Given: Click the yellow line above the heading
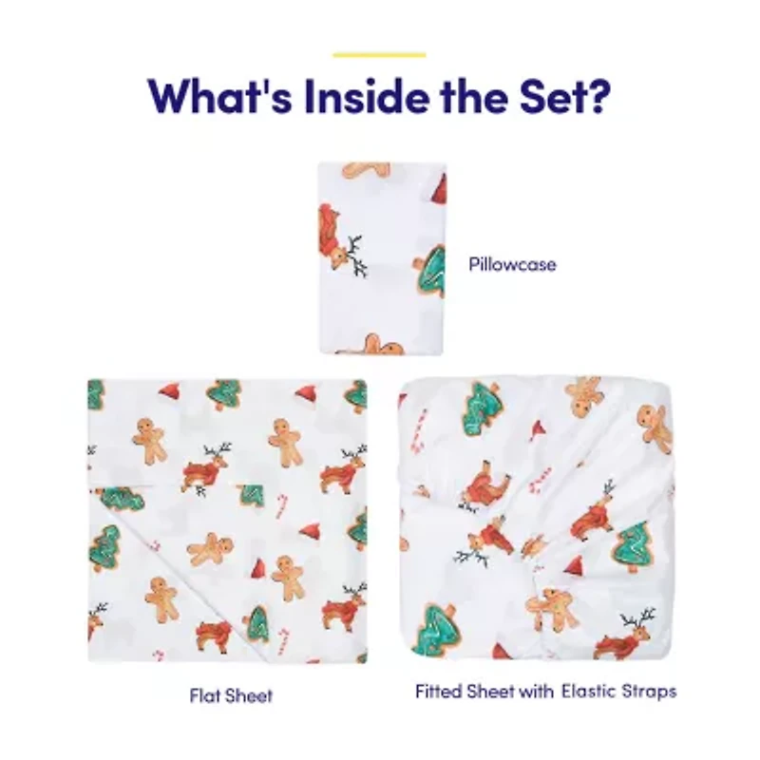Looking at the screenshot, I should (379, 54).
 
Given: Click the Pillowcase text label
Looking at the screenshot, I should (512, 264).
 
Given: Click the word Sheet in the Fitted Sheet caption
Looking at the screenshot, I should (489, 692).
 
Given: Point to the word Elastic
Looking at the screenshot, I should (588, 692).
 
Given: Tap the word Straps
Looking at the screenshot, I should (649, 692).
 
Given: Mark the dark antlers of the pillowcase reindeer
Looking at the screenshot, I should (356, 256).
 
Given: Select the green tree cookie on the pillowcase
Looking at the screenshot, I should (430, 269).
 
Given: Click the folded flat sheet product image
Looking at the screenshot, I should (227, 521).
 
